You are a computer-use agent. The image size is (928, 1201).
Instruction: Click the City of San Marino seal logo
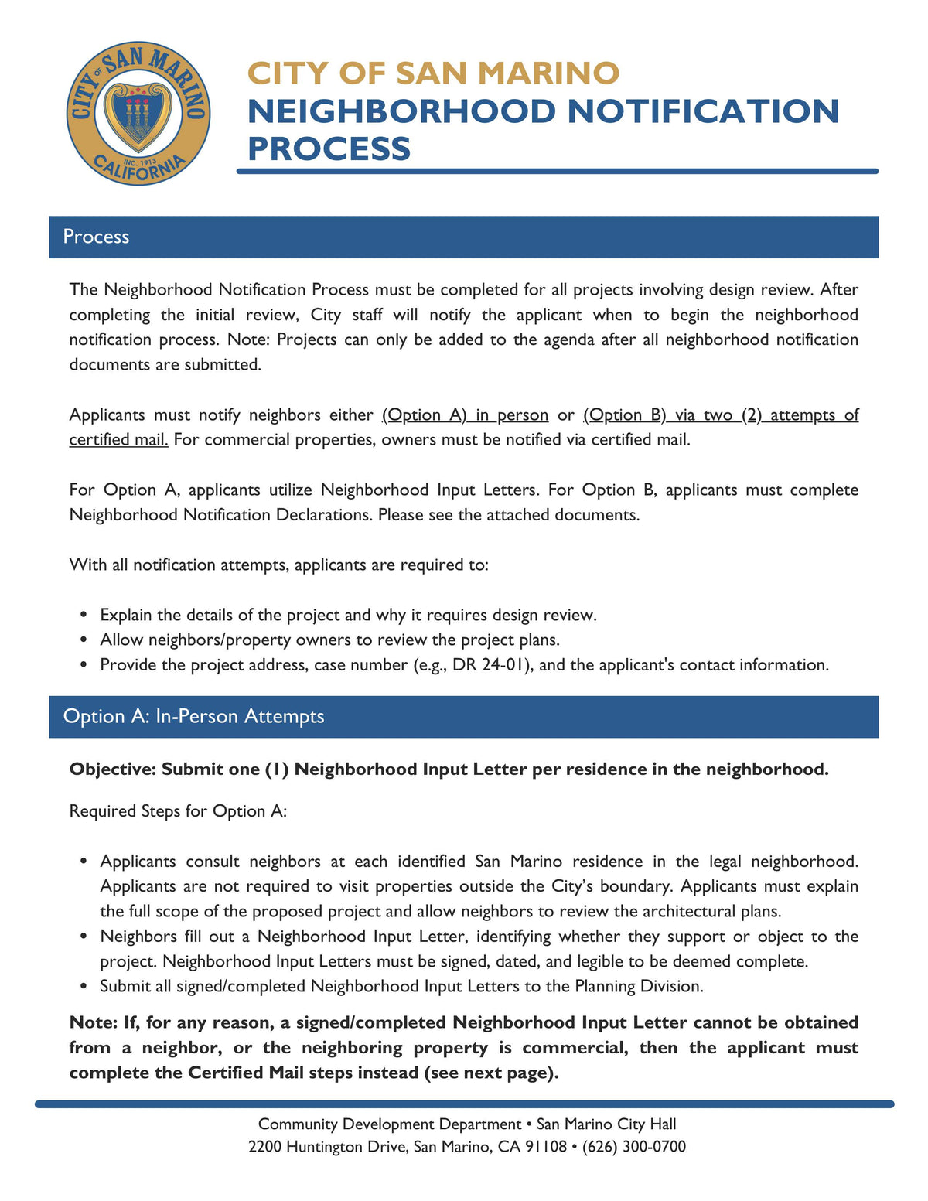pyautogui.click(x=138, y=114)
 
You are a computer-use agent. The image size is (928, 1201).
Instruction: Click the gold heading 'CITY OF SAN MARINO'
pyautogui.click(x=433, y=73)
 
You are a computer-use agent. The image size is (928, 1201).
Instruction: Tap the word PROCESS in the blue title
pyautogui.click(x=329, y=148)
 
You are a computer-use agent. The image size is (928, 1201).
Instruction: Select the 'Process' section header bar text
pyautogui.click(x=96, y=237)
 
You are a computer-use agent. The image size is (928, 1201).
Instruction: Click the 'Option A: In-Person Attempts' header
pyautogui.click(x=193, y=716)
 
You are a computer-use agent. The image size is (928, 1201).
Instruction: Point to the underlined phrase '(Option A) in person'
pyautogui.click(x=465, y=415)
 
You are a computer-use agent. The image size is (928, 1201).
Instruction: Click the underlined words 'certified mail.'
pyautogui.click(x=118, y=440)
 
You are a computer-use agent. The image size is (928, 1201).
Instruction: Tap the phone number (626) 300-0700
pyautogui.click(x=633, y=1146)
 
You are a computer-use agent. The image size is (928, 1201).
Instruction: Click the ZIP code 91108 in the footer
pyautogui.click(x=545, y=1146)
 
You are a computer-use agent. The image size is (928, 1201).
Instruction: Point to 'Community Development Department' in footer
pyautogui.click(x=389, y=1124)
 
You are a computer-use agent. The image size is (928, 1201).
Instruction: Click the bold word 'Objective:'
pyautogui.click(x=112, y=769)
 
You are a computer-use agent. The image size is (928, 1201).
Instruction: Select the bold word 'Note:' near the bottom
pyautogui.click(x=94, y=1023)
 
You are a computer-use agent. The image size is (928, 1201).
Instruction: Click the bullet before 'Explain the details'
pyautogui.click(x=84, y=616)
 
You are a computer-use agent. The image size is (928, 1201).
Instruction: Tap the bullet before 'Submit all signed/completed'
pyautogui.click(x=84, y=987)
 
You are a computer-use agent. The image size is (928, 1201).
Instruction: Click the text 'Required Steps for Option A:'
pyautogui.click(x=178, y=811)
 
